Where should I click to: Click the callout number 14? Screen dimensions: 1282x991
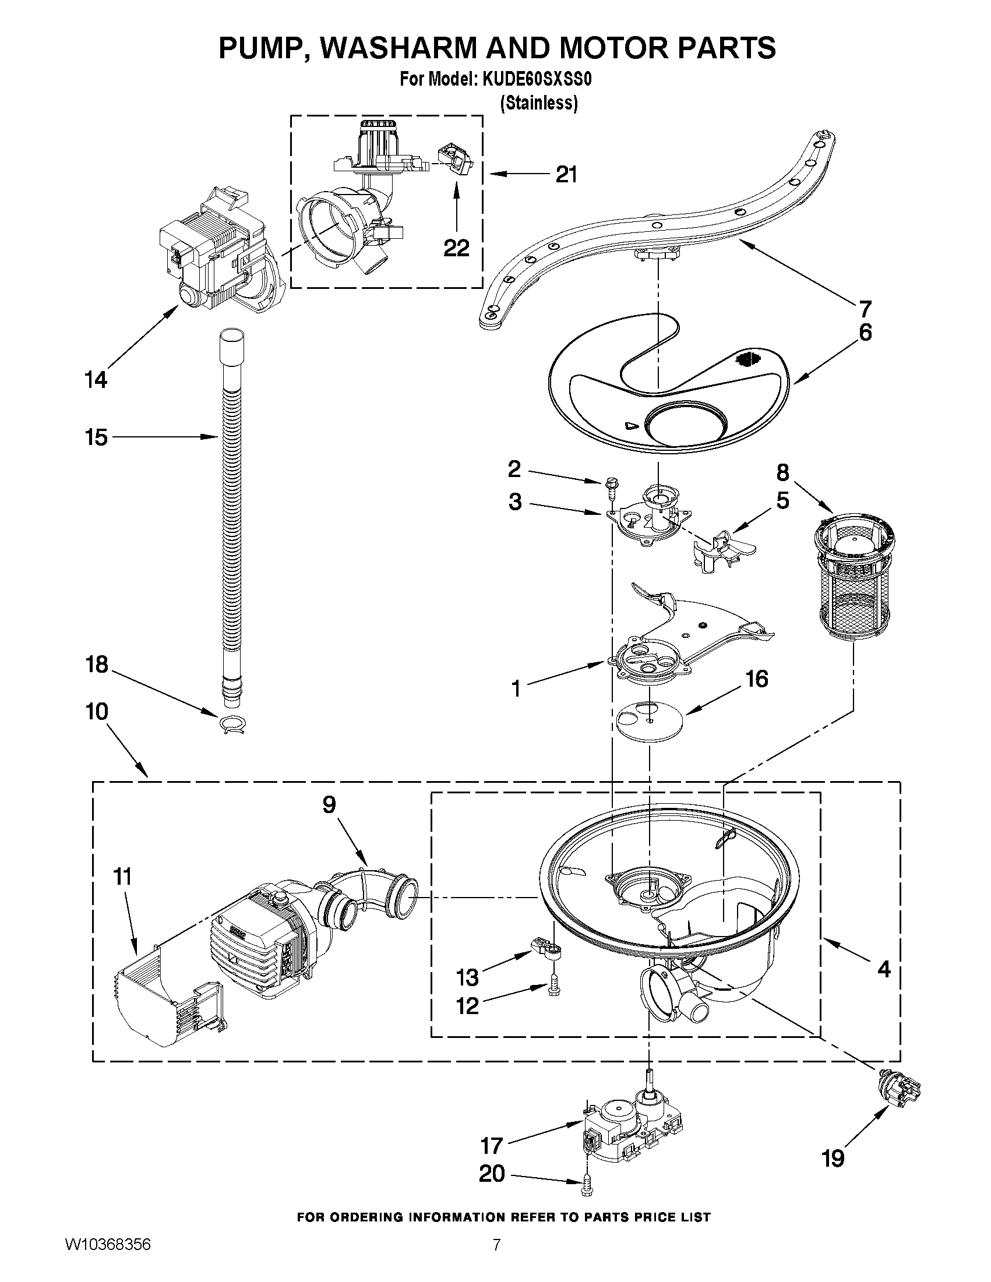point(96,380)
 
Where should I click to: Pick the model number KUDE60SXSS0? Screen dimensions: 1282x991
point(537,79)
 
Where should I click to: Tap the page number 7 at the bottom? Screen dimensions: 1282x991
point(497,1261)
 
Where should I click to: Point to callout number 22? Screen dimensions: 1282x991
point(456,248)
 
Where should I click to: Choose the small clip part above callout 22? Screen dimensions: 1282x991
point(455,160)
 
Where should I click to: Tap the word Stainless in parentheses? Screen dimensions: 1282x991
point(538,103)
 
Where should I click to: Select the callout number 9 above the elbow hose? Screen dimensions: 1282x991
point(329,805)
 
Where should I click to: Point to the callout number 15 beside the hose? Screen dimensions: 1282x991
point(96,437)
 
